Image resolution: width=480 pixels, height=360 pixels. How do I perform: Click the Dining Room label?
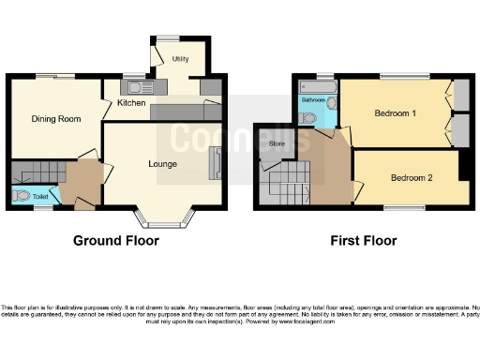click(x=55, y=119)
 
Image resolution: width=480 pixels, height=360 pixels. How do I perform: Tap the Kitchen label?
click(x=131, y=102)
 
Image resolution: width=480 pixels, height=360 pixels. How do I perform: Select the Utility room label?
click(x=181, y=58)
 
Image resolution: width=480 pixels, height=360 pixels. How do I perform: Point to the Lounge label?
click(x=163, y=163)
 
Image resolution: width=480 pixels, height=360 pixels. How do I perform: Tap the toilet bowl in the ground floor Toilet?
click(x=22, y=197)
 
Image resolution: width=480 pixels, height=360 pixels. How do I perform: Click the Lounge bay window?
click(x=165, y=224)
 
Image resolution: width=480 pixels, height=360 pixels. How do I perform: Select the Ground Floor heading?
click(x=116, y=241)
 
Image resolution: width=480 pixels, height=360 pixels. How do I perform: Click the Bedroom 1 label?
click(x=396, y=113)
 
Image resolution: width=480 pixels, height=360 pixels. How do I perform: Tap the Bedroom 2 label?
click(x=412, y=177)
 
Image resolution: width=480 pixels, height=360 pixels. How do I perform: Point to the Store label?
click(x=276, y=144)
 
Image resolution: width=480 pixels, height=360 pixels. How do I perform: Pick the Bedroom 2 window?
click(x=404, y=206)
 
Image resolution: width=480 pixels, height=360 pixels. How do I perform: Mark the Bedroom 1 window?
click(x=398, y=76)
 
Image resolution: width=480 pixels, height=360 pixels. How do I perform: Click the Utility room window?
click(x=168, y=38)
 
